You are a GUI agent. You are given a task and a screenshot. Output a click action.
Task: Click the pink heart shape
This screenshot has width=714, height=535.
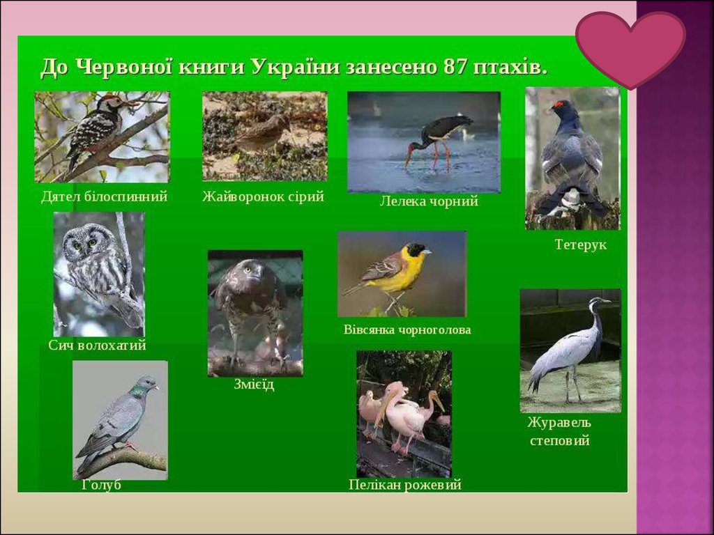point(630,47)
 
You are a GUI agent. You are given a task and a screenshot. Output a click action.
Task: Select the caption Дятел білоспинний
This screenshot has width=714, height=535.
point(104,197)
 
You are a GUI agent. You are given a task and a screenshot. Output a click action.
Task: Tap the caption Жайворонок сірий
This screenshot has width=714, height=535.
point(263,197)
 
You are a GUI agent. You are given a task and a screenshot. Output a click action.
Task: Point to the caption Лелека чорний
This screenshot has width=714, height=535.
point(429,202)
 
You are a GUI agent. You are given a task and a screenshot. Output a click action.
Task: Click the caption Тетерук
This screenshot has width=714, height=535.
point(580,245)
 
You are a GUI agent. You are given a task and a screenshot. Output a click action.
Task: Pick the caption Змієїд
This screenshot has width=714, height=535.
point(254,385)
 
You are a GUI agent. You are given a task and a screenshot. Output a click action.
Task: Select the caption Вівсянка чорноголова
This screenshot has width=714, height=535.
point(407,329)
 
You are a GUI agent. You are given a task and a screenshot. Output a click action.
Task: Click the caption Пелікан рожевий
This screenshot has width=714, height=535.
point(404,485)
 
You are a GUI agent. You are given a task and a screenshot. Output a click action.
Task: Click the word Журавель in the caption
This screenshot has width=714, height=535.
point(559,423)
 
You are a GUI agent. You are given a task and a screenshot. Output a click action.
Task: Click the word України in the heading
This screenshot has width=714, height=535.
point(295,68)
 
